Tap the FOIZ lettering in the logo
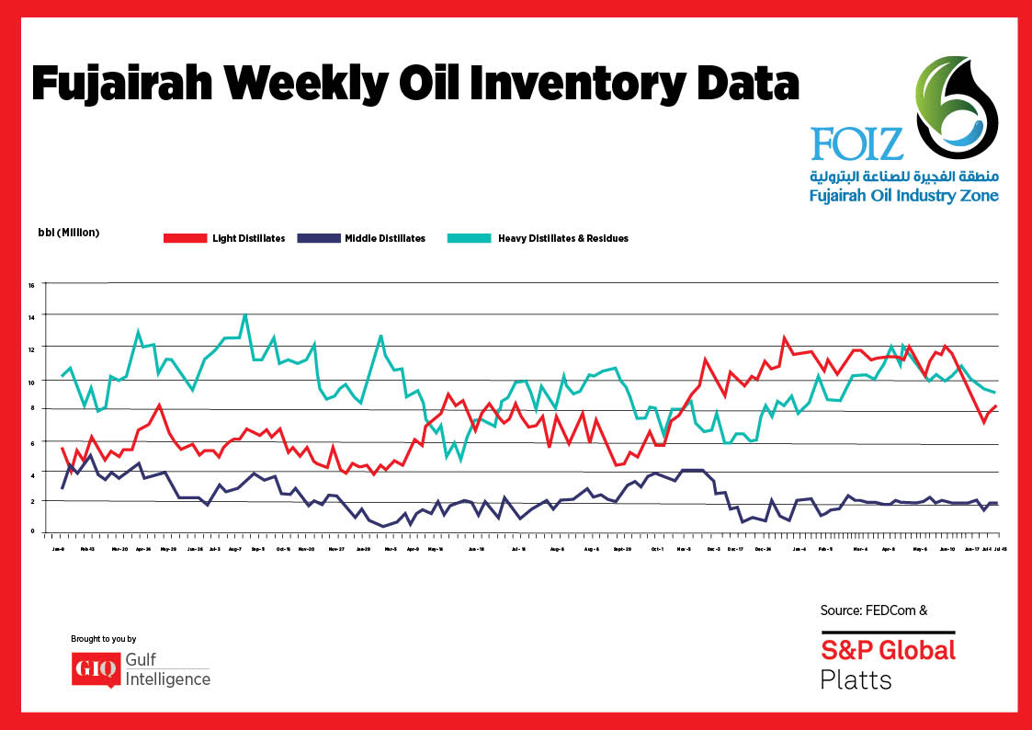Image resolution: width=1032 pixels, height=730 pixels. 856,143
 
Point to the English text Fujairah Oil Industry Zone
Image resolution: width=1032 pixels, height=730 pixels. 903,196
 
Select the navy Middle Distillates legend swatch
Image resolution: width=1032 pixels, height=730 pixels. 320,238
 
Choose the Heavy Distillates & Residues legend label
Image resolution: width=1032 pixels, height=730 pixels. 562,238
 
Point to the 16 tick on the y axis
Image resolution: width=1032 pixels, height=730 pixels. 30,285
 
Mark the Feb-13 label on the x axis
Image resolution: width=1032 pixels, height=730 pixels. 88,549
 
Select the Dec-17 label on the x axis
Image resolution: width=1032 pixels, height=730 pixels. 735,549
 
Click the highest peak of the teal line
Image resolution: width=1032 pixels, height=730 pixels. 244,315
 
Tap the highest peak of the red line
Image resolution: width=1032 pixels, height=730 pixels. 784,337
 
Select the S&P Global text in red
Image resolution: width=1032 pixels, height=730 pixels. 888,650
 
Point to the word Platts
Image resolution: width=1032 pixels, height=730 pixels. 855,680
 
